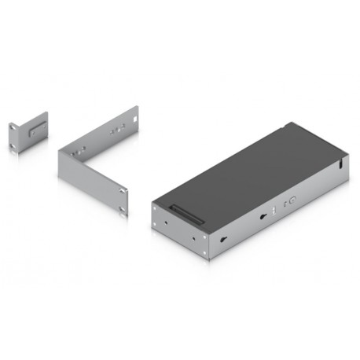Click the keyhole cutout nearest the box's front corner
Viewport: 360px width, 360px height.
pyautogui.click(x=225, y=239)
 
